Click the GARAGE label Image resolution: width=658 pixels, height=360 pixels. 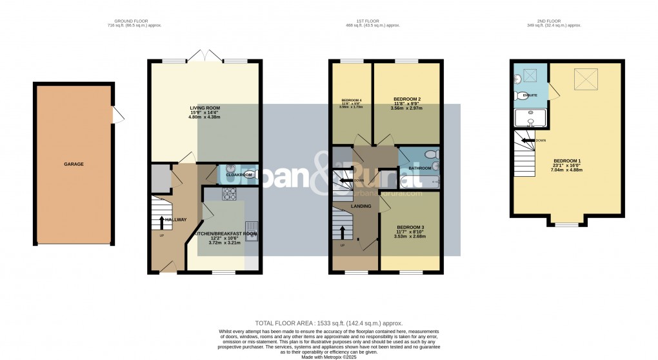(74, 164)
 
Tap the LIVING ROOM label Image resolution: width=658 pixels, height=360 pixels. (204, 108)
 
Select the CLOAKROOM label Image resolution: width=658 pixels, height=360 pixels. (237, 175)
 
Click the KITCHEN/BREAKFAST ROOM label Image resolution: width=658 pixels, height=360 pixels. (225, 234)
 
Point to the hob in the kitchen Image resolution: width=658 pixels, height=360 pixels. (229, 192)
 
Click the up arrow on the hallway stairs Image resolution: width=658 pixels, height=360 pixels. (161, 222)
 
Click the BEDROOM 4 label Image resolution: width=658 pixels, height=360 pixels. (351, 101)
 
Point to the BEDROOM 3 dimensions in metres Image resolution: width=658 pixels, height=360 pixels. (410, 237)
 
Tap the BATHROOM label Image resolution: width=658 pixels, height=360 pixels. (419, 168)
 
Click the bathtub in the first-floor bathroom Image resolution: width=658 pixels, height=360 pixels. (419, 183)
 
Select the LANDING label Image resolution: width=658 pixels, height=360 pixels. (361, 206)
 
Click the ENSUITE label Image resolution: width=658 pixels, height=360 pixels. (530, 95)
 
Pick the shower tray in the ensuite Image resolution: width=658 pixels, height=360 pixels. (529, 118)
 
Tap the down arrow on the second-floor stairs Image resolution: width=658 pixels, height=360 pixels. (530, 140)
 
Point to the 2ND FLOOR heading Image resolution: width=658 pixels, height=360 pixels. (554, 21)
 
